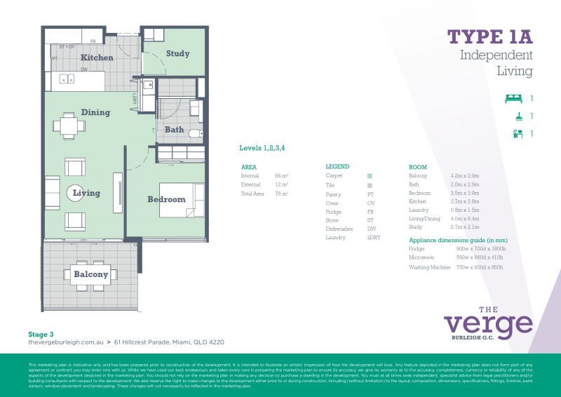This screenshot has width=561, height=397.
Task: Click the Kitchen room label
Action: [x=97, y=58]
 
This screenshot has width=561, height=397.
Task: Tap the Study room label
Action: [x=177, y=53]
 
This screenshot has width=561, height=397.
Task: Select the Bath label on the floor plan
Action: [x=175, y=129]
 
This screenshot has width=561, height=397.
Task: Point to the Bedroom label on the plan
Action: [x=166, y=199]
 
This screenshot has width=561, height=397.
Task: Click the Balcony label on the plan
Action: [x=91, y=274]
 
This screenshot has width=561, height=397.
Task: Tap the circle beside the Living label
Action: [x=76, y=192]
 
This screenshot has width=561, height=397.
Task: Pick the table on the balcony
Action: [x=90, y=274]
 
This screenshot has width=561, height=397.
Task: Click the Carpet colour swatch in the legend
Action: [x=370, y=176]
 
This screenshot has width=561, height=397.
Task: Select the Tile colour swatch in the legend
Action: [x=370, y=184]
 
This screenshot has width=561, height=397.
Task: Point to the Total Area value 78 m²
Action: [x=282, y=193]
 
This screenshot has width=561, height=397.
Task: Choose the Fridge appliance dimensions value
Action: [x=481, y=249]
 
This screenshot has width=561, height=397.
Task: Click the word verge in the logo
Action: [x=488, y=324]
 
